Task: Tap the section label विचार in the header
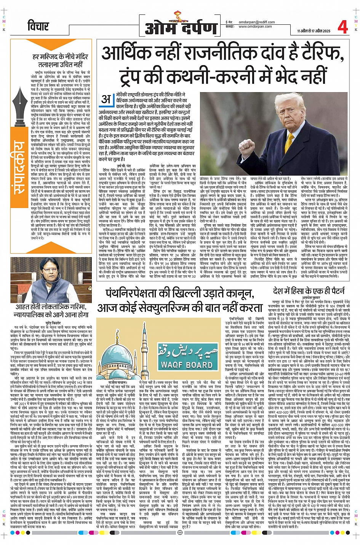(38, 27)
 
